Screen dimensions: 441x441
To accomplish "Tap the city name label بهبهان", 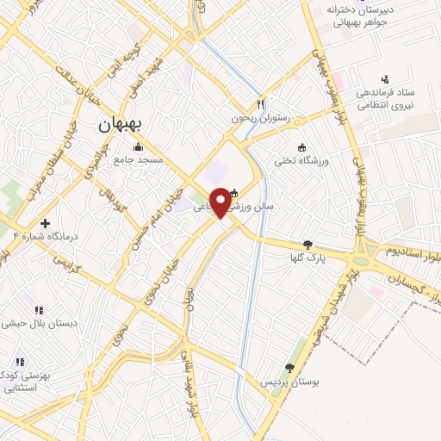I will coord(119,123).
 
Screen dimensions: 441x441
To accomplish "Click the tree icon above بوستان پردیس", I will coord(289,368).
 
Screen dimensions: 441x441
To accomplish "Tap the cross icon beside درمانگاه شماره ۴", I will coord(46,223).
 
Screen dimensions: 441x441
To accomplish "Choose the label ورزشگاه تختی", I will coord(301,159).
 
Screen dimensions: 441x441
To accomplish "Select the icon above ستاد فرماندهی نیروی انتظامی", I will coord(385,79).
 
